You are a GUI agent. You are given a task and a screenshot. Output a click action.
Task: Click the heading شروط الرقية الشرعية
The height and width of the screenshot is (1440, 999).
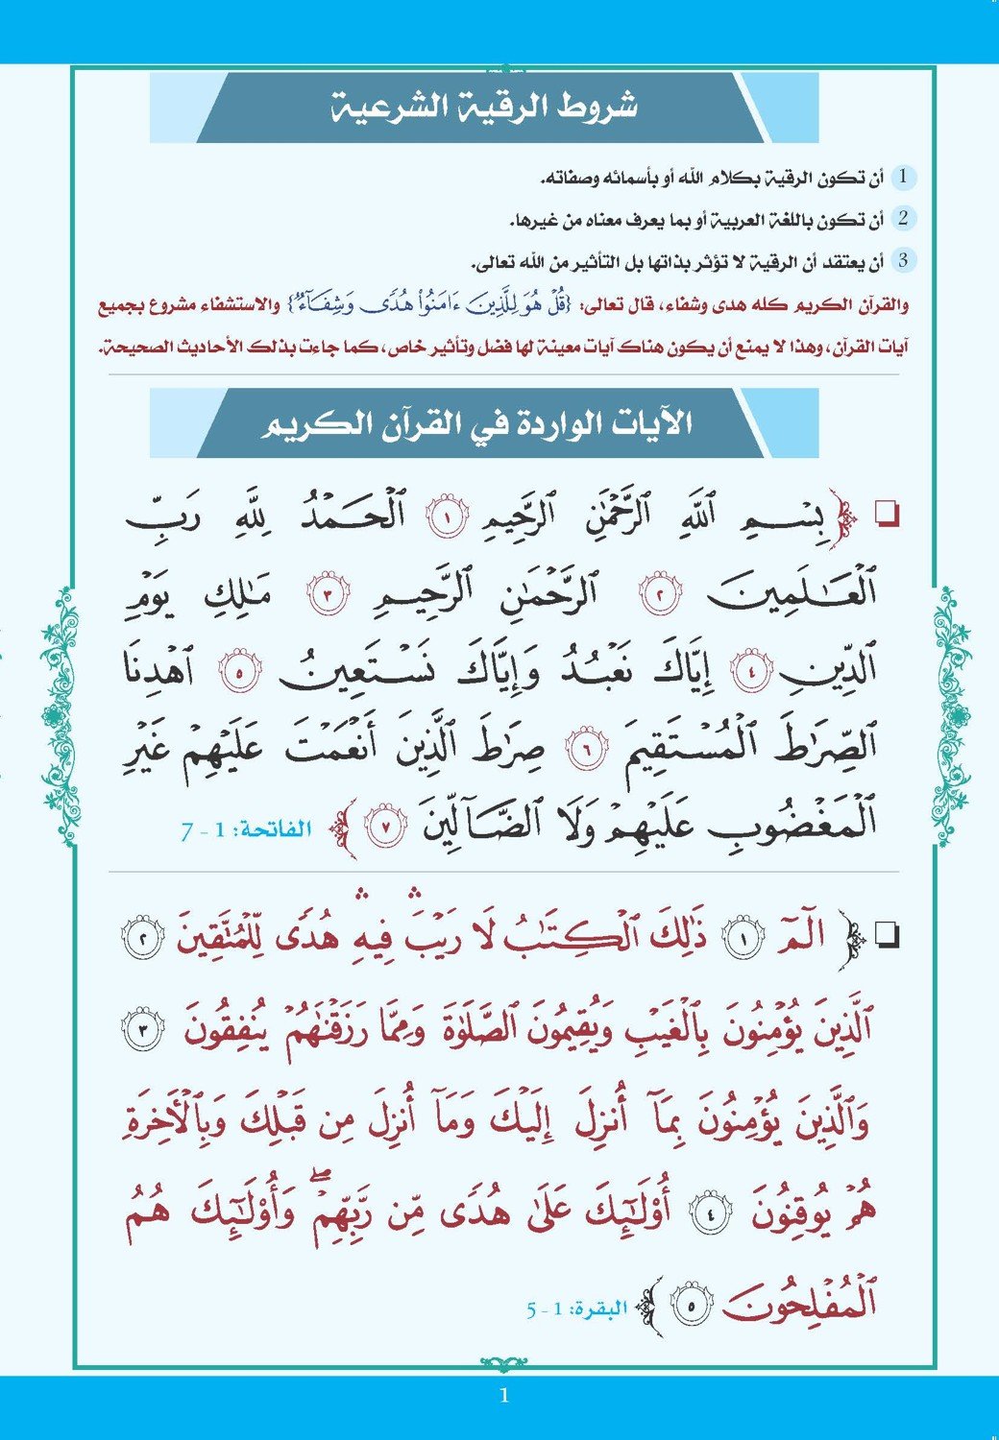tap(483, 107)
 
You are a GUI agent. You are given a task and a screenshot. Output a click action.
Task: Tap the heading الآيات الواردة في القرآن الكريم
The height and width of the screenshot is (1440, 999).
tap(477, 423)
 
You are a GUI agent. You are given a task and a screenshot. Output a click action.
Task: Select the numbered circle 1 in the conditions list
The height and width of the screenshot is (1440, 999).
tap(903, 178)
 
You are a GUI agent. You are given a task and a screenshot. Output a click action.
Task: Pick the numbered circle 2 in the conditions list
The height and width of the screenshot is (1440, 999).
tap(903, 219)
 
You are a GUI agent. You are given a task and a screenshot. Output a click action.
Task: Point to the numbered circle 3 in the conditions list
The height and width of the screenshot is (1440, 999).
tap(903, 260)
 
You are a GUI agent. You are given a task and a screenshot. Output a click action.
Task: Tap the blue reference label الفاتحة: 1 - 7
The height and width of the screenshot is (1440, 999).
tap(246, 828)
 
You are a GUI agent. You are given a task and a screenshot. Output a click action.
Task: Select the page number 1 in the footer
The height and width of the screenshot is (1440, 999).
tap(503, 1397)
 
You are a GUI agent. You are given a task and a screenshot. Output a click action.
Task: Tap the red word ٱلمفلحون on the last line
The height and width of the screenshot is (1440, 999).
tap(799, 1304)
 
